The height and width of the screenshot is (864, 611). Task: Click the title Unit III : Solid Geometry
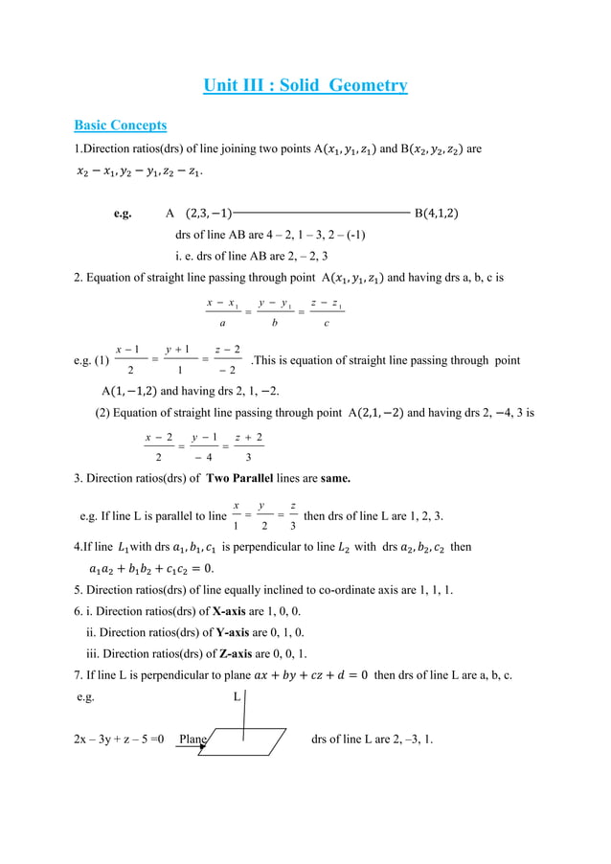coord(305,86)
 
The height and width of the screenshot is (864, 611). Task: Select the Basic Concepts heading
coord(121,125)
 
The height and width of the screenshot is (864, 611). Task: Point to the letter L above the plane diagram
coord(238,697)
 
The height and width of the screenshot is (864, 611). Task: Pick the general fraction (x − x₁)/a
coord(222,313)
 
